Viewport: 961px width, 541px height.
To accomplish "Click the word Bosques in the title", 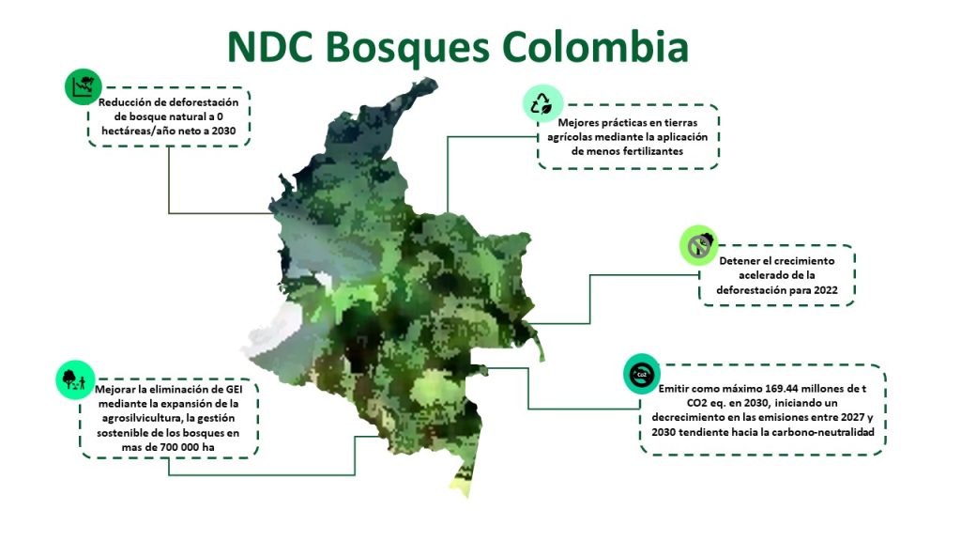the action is tap(407, 48).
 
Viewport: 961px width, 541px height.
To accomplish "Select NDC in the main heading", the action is tap(269, 47).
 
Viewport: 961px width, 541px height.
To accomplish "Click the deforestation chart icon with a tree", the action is tap(83, 86).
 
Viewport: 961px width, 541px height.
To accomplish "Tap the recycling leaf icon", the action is tap(542, 103).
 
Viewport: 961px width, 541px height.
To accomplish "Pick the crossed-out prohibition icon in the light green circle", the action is tap(698, 245).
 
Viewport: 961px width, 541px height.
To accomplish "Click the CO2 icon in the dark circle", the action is tap(642, 374).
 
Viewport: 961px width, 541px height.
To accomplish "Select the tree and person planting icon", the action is tap(75, 379).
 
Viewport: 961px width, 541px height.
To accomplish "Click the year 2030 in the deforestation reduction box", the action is tap(223, 131).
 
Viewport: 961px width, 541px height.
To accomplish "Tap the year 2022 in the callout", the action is tap(825, 290).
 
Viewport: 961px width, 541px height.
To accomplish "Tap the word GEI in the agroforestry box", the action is tap(234, 390).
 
